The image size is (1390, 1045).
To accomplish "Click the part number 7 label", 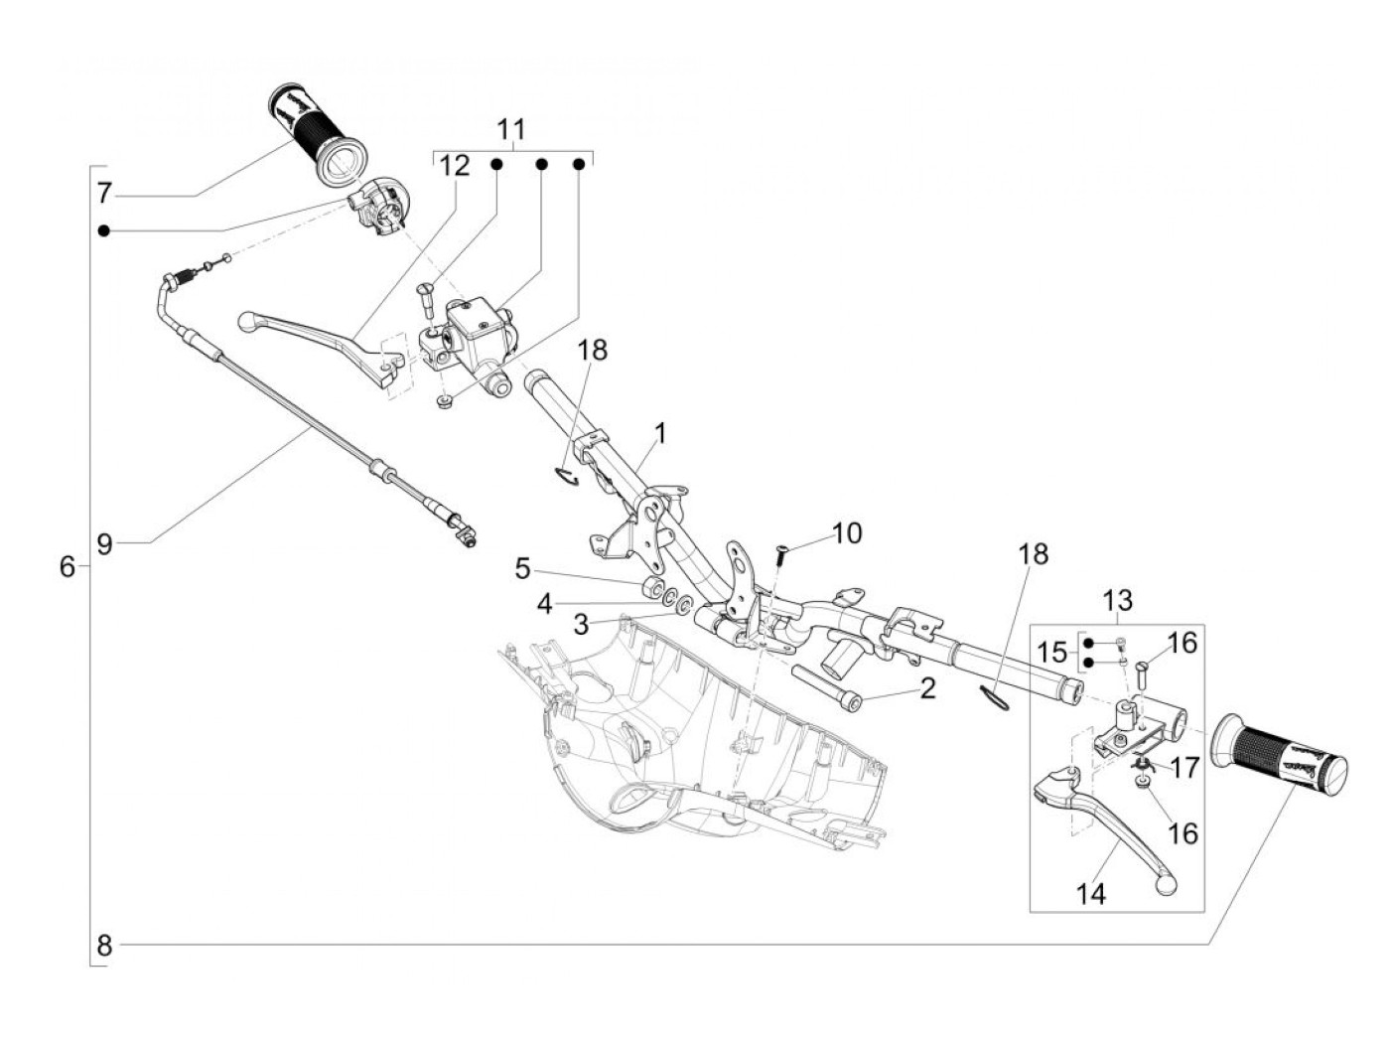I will [106, 192].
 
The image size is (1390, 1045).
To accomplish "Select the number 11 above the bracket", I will [511, 131].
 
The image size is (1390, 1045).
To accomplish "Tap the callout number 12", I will [454, 166].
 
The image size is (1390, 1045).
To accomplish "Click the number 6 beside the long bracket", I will [68, 567].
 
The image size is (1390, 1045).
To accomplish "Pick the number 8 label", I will [104, 947].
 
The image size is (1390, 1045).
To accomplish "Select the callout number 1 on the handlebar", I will [660, 434].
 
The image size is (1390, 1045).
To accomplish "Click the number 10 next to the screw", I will [847, 533].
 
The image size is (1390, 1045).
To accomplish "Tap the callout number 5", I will [523, 569].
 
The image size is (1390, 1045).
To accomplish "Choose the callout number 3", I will [581, 625].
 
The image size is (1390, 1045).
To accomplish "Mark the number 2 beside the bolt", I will [927, 687].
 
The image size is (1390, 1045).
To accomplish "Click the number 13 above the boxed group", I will [1117, 601].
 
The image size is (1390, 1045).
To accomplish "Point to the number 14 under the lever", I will [1090, 894].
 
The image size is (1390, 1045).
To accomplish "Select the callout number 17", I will [1185, 768].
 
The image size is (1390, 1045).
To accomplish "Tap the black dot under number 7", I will [103, 230].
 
